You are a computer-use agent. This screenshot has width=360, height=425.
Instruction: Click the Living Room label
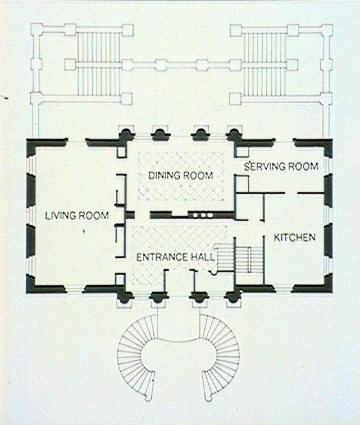tap(77, 216)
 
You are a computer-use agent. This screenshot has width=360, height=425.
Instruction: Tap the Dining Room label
tap(181, 176)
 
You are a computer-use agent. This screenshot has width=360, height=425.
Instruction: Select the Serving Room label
tap(281, 166)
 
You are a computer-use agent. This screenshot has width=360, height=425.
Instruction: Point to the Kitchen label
tap(295, 238)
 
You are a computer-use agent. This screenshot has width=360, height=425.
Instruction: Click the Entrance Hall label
tap(176, 257)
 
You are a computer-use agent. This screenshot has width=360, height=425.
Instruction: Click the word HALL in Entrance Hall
tap(203, 257)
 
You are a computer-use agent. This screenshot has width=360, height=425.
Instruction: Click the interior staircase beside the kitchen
tap(238, 259)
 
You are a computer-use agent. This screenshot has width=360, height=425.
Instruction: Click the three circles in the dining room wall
tap(202, 215)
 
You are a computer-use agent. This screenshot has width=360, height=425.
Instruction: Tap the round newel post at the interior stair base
tap(214, 272)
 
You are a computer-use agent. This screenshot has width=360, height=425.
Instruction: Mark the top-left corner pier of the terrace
tap(37, 29)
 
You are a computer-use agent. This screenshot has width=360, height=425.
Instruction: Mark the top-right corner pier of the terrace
tap(327, 30)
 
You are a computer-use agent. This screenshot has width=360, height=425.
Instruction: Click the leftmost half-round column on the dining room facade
tap(126, 134)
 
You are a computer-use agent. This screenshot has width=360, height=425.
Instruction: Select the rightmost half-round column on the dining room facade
tap(234, 134)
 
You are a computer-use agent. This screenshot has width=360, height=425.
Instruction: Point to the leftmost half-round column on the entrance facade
tap(125, 297)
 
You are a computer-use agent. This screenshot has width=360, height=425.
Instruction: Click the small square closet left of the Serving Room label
tap(242, 184)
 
